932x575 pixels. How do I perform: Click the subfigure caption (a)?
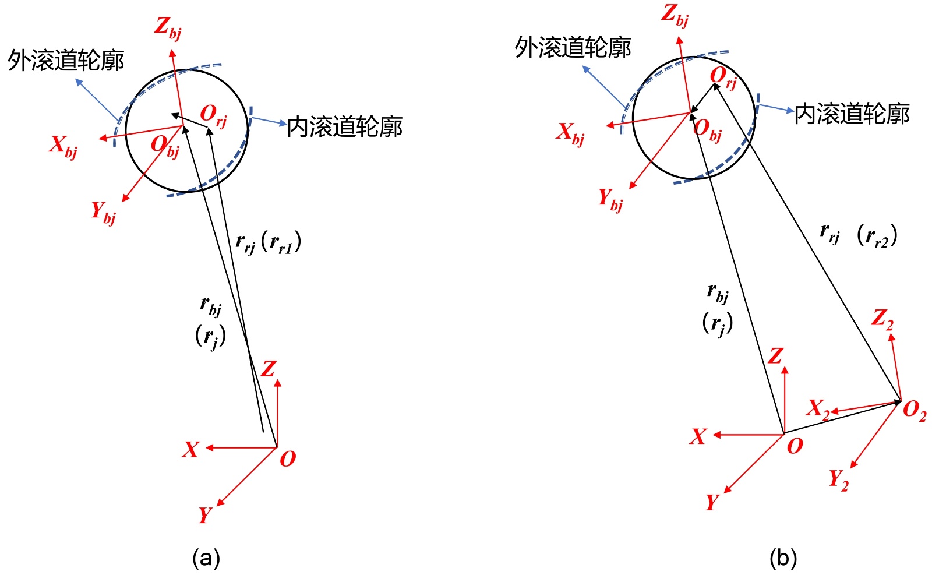click(206, 559)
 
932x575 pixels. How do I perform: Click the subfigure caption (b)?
click(782, 559)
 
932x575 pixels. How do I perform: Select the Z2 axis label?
click(882, 319)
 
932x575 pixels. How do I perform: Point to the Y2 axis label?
click(839, 480)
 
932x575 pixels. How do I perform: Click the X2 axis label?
click(818, 408)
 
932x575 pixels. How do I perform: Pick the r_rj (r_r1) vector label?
click(268, 242)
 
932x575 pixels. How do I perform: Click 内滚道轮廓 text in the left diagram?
click(344, 126)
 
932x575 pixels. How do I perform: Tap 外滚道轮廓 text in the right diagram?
click(573, 47)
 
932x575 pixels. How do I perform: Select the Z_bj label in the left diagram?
click(168, 27)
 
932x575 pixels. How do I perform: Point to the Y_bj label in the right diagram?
click(610, 199)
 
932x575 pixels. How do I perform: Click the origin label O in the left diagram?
click(288, 459)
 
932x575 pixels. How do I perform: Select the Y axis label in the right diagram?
click(712, 502)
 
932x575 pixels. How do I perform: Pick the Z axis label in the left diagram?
click(269, 369)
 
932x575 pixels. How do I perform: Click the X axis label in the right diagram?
click(698, 436)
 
